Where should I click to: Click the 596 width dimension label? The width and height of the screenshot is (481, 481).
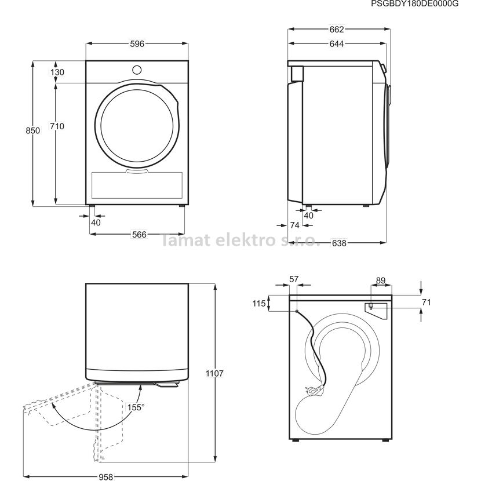(x=137, y=44)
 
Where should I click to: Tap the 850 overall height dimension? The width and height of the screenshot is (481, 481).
(x=32, y=130)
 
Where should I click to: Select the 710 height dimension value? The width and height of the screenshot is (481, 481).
(x=57, y=126)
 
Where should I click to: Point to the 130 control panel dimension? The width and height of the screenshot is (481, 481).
(x=57, y=72)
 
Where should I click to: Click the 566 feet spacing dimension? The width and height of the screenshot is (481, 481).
(x=139, y=234)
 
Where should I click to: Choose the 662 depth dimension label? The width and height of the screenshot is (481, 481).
(x=337, y=29)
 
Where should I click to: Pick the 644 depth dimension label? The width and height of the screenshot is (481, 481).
(x=337, y=44)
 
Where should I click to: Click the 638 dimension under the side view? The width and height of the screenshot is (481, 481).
(x=339, y=243)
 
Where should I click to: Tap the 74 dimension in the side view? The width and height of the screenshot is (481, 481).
(x=294, y=225)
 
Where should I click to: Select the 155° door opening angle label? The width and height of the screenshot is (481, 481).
(x=136, y=407)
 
